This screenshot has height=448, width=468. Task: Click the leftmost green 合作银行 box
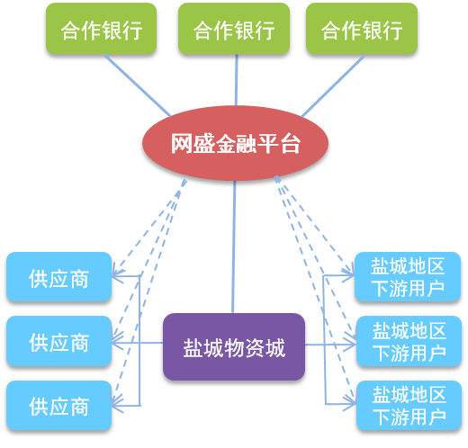pyautogui.click(x=101, y=29)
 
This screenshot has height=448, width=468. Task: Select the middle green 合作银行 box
pyautogui.click(x=234, y=29)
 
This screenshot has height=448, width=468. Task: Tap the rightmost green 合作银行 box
pyautogui.click(x=362, y=29)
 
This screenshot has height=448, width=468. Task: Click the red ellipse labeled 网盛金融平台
pyautogui.click(x=235, y=143)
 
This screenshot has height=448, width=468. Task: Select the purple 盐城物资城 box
pyautogui.click(x=234, y=347)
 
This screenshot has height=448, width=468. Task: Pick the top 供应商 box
pyautogui.click(x=59, y=277)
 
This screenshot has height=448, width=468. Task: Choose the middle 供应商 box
pyautogui.click(x=59, y=341)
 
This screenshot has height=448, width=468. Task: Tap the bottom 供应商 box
pyautogui.click(x=59, y=406)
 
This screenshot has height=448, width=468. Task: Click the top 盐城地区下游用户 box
pyautogui.click(x=408, y=277)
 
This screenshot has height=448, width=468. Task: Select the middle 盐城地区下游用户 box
pyautogui.click(x=409, y=341)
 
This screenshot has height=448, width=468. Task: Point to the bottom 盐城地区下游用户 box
pyautogui.click(x=409, y=406)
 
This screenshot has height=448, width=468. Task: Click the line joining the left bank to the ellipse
pyautogui.click(x=138, y=85)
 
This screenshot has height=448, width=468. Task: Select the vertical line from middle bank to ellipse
pyautogui.click(x=236, y=80)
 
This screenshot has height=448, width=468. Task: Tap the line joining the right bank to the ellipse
pyautogui.click(x=333, y=86)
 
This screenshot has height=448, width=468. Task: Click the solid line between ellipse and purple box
pyautogui.click(x=234, y=246)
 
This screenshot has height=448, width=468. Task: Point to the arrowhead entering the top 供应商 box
pyautogui.click(x=117, y=275)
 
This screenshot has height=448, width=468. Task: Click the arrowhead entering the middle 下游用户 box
pyautogui.click(x=351, y=345)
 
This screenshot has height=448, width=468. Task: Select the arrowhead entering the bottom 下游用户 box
pyautogui.click(x=351, y=403)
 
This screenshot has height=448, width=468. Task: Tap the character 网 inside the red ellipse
pyautogui.click(x=181, y=144)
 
